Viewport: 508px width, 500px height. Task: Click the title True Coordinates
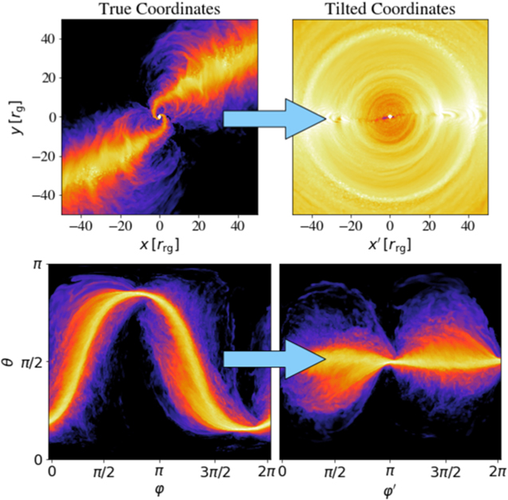point(160,10)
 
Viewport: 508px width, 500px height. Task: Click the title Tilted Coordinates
point(389,10)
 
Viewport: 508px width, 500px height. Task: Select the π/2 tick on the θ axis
point(30,361)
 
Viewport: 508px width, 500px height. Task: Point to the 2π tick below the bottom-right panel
point(497,470)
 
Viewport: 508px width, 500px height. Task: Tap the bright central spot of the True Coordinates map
point(159,117)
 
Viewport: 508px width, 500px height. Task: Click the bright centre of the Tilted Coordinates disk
point(389,117)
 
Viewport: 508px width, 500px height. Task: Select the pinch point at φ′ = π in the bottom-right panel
point(390,360)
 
